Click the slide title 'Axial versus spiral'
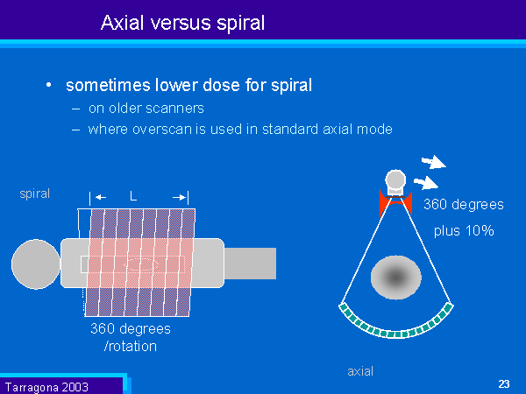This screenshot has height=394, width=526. click(x=182, y=21)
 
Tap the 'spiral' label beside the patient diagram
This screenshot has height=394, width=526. click(x=34, y=193)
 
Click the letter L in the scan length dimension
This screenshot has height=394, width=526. click(x=133, y=197)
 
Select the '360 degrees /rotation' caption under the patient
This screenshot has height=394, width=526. click(x=131, y=337)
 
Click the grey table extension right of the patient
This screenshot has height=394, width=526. click(x=250, y=261)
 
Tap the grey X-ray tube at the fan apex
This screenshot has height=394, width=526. click(x=396, y=182)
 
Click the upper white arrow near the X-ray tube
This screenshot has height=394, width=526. click(x=433, y=161)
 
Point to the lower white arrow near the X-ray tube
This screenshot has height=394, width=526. click(x=426, y=183)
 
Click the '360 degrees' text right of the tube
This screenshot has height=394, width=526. click(x=463, y=205)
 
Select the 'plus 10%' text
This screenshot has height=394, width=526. click(x=465, y=232)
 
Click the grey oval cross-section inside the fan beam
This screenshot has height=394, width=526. click(x=396, y=277)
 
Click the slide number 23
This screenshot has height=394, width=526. click(x=503, y=383)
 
